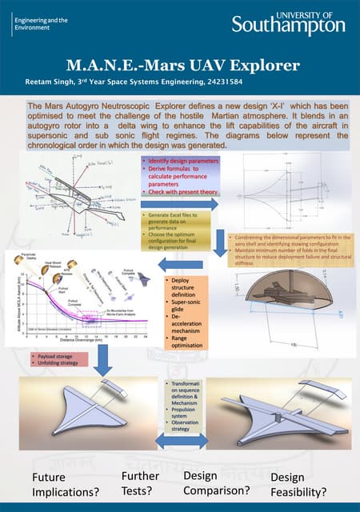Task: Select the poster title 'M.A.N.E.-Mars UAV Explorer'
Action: [180, 65]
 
